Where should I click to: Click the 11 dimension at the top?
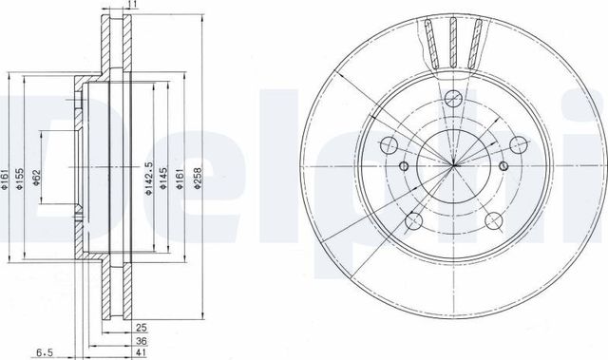coord(132,4)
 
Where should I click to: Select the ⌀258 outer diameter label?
coord(199,178)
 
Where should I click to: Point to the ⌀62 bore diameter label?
coord(36,177)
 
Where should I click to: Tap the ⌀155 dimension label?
coord(19,179)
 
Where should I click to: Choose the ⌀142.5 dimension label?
coord(149,179)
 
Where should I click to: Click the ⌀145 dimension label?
coord(163,179)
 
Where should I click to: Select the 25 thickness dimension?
coord(142,328)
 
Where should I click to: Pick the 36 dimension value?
coord(142,341)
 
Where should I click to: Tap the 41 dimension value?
coord(142,353)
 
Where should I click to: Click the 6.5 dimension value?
coord(45,353)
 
